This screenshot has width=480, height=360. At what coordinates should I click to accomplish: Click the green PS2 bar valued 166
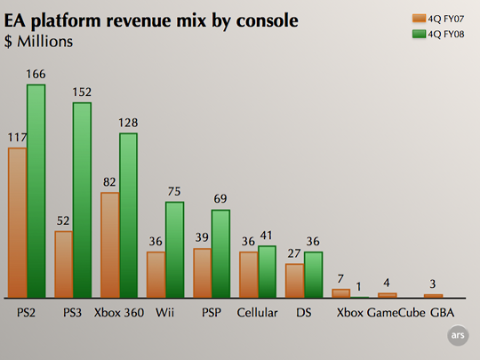click(x=36, y=191)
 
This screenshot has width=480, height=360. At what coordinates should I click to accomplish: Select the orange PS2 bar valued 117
click(x=17, y=222)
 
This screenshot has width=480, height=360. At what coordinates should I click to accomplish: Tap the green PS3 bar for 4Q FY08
click(x=83, y=200)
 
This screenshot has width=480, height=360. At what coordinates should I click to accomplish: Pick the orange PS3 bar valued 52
click(x=63, y=264)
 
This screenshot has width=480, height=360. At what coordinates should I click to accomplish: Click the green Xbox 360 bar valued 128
click(x=129, y=215)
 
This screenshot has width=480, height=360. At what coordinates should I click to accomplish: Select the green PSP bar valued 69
click(x=220, y=253)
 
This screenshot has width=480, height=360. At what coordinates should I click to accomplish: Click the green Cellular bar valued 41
click(x=267, y=271)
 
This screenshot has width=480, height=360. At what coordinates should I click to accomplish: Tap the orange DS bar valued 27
click(x=293, y=280)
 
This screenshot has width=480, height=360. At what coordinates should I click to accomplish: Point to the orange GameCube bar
click(x=387, y=294)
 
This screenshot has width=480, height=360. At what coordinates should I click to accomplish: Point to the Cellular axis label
click(x=258, y=313)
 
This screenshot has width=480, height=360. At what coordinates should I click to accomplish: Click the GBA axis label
click(x=442, y=313)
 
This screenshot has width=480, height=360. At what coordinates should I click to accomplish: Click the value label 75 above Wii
click(x=175, y=192)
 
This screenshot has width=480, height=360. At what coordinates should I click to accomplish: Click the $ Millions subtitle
click(x=38, y=40)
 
